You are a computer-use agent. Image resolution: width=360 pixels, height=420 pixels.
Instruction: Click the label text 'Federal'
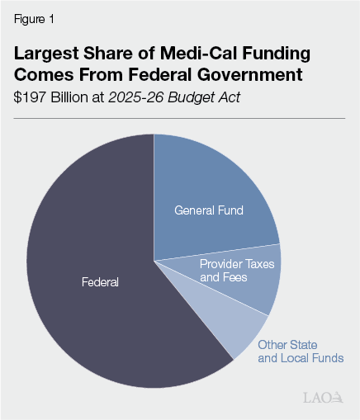pyautogui.click(x=100, y=282)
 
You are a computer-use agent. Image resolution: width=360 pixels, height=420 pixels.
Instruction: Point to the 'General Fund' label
pyautogui.click(x=208, y=210)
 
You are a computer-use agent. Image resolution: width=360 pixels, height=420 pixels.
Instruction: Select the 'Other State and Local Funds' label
pyautogui.click(x=300, y=352)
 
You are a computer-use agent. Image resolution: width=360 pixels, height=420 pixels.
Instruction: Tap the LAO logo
pyautogui.click(x=322, y=399)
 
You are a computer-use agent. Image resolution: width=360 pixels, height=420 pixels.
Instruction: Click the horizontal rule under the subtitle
pyautogui.click(x=179, y=118)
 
